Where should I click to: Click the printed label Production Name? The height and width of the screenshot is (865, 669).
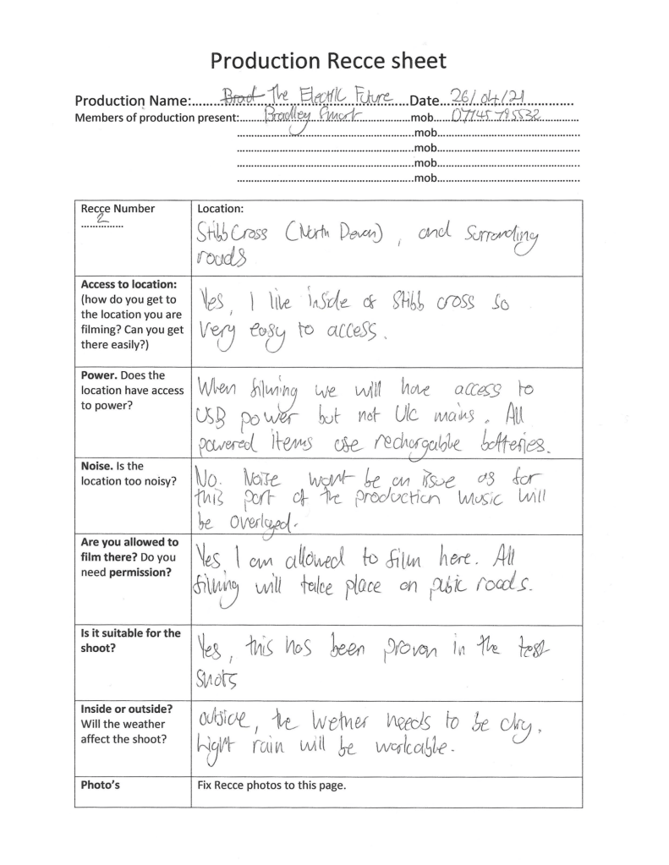point(134,101)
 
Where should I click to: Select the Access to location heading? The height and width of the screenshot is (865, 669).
point(128,284)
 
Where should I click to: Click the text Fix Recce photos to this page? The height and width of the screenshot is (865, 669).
point(267,785)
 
